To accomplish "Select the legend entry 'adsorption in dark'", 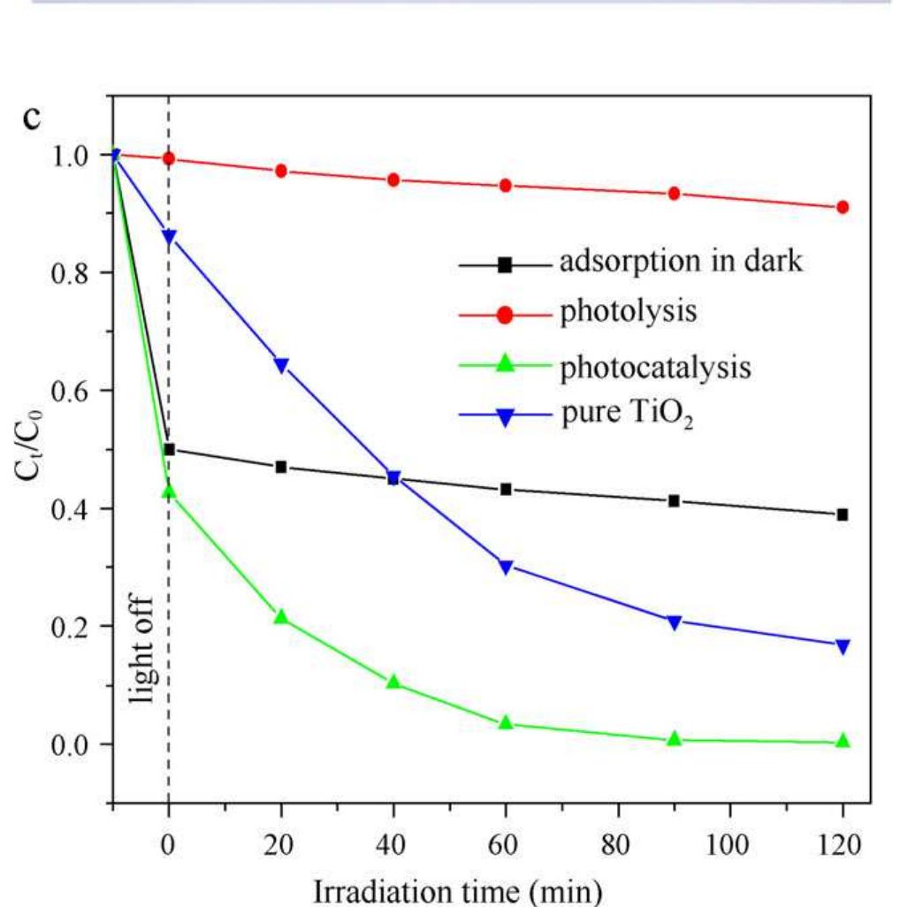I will tap(681, 263).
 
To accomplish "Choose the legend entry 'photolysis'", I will tap(628, 313).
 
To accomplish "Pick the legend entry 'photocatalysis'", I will tap(655, 365).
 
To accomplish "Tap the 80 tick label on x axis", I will tap(618, 844).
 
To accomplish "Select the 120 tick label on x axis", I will tap(842, 844).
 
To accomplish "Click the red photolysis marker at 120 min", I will tap(843, 207).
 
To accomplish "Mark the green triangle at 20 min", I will tap(281, 616).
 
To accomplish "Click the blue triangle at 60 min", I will tap(506, 568).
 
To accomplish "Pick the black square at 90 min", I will tap(674, 501).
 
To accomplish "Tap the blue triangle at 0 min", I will tap(169, 237).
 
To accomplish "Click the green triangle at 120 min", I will tap(843, 741).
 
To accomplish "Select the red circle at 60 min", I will tap(506, 186).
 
